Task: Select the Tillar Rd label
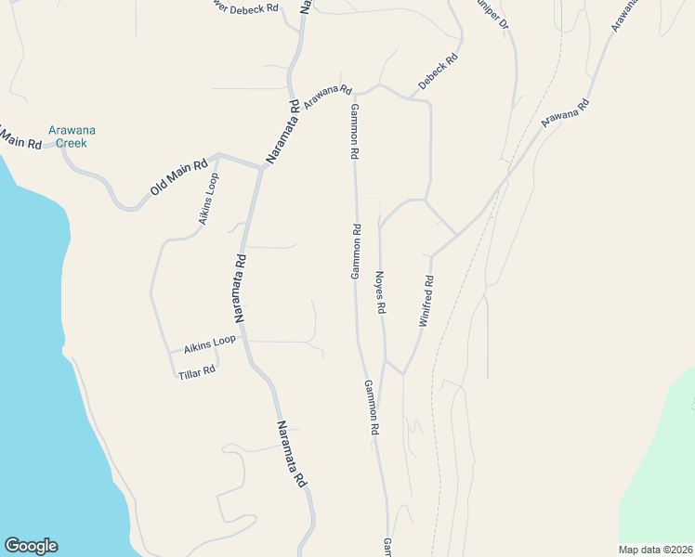tap(197, 370)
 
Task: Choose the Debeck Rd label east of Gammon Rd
tap(438, 72)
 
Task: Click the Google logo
tap(31, 546)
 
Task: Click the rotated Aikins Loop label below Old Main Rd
tap(209, 200)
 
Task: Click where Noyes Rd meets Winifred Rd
tap(402, 374)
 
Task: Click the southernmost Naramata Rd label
tap(291, 454)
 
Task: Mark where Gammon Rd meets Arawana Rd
tap(355, 94)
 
